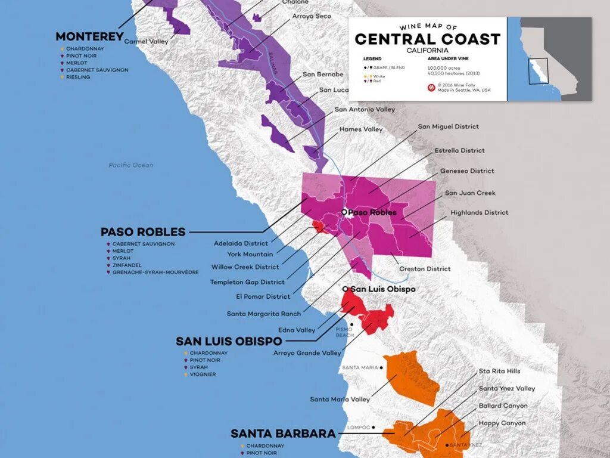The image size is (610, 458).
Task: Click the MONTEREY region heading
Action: [89, 36]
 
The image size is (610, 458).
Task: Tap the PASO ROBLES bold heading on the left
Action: [143, 232]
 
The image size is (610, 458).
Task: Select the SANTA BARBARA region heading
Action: [283, 434]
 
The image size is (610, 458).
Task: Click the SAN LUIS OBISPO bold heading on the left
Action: [229, 341]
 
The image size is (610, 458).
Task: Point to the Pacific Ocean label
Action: [130, 165]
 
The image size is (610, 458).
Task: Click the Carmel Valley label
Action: [146, 42]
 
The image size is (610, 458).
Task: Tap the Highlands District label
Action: [480, 212]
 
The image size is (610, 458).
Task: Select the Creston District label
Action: [425, 269]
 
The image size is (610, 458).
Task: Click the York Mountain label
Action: [250, 255]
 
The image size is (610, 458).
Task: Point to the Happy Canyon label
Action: [502, 423]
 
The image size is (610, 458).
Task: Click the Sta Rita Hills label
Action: [499, 371]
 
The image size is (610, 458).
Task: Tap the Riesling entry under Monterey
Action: [78, 77]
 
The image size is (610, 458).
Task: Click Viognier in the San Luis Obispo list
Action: [203, 375]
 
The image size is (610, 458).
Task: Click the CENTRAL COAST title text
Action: [427, 39]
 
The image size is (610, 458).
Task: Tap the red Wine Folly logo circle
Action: [431, 88]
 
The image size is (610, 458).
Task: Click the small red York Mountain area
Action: [318, 227]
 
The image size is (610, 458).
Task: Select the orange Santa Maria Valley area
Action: [412, 376]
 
